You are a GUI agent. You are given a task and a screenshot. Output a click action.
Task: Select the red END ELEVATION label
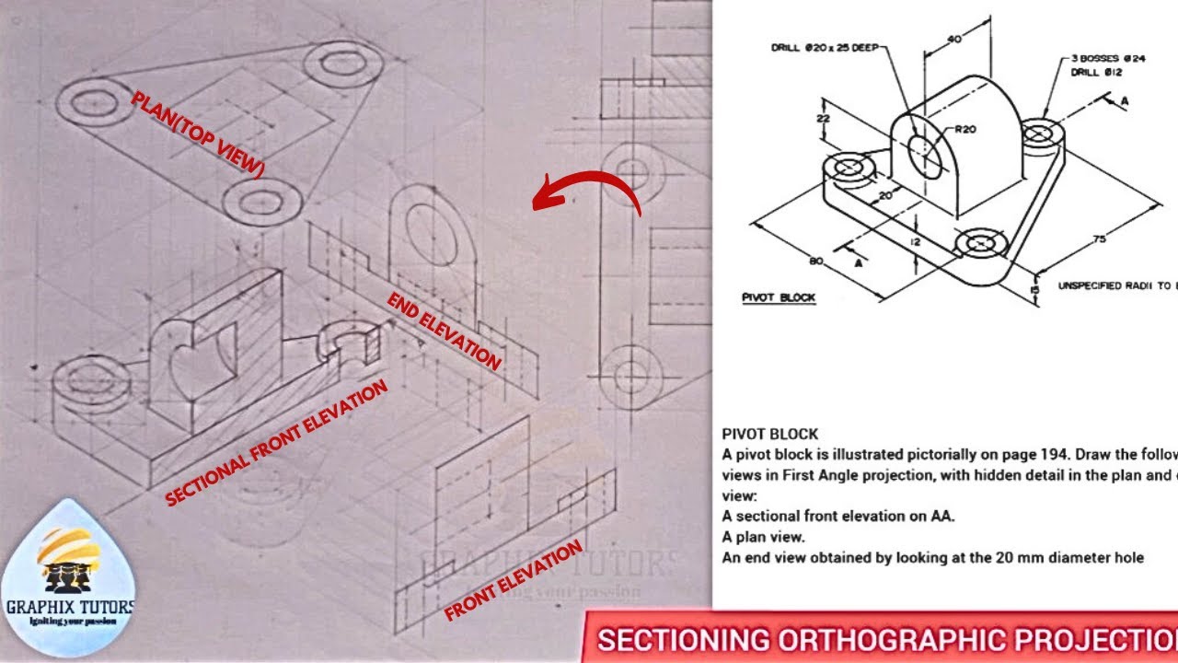tap(445, 331)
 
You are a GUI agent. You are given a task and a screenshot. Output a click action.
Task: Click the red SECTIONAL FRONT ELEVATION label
tap(276, 444)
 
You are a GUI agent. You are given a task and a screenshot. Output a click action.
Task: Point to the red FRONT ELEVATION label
tap(513, 580)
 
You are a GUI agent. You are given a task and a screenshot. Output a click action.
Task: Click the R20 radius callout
tap(964, 130)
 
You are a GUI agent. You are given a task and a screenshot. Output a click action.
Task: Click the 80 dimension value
tap(815, 262)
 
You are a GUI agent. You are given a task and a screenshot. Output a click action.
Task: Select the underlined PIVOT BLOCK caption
tap(779, 298)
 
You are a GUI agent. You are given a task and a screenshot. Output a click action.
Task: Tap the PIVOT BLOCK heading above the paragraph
tap(769, 434)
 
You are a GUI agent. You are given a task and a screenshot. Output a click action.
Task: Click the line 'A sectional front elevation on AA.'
tap(837, 517)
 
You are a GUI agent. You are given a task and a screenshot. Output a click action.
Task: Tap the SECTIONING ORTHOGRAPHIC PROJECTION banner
tap(883, 639)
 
